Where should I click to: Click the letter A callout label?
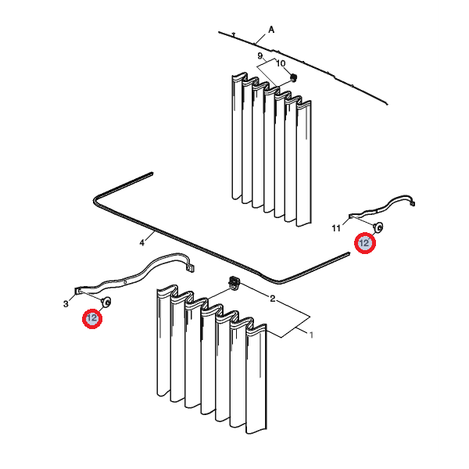tap(271, 30)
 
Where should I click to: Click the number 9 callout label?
tap(260, 56)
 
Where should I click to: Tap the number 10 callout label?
tap(281, 63)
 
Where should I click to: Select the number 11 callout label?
tap(336, 228)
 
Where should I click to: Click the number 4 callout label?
tap(142, 242)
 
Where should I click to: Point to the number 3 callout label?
tap(66, 304)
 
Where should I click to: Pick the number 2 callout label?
tap(272, 299)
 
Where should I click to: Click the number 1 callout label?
tap(311, 335)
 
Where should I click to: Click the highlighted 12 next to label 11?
tap(364, 243)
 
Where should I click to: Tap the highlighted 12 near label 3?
tap(92, 318)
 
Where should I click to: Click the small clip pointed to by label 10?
tap(294, 77)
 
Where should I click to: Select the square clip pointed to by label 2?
tap(234, 282)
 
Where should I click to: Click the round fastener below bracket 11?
tap(378, 227)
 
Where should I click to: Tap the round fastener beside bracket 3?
tap(106, 302)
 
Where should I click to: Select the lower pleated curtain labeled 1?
tap(212, 359)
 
